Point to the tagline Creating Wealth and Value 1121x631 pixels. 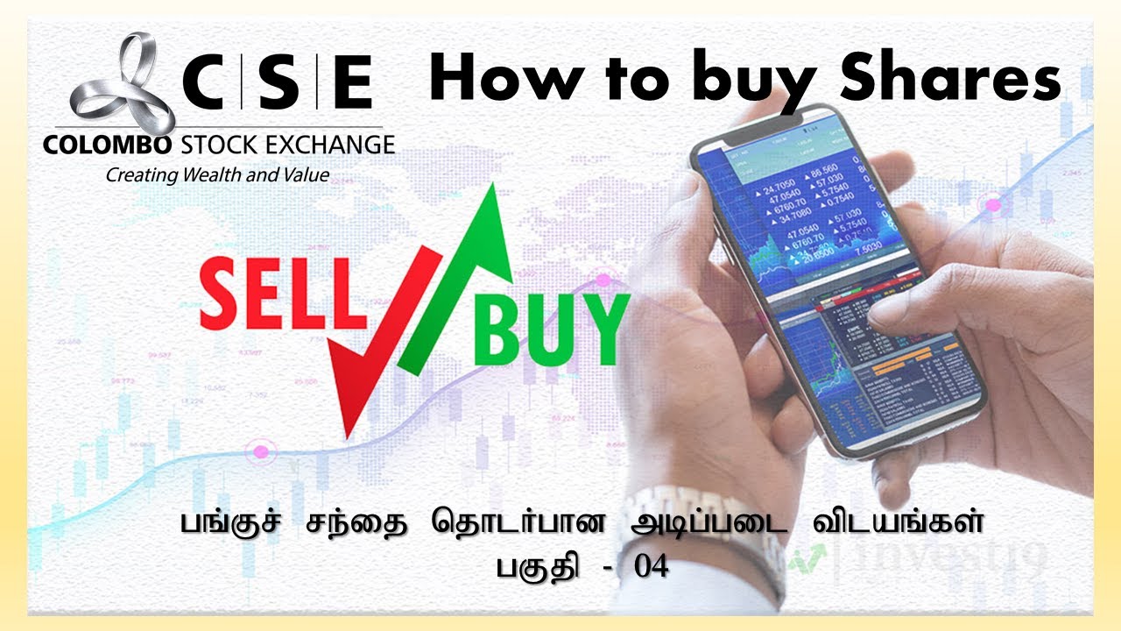(217, 175)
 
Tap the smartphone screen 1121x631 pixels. (841, 289)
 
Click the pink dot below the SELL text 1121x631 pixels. (260, 452)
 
